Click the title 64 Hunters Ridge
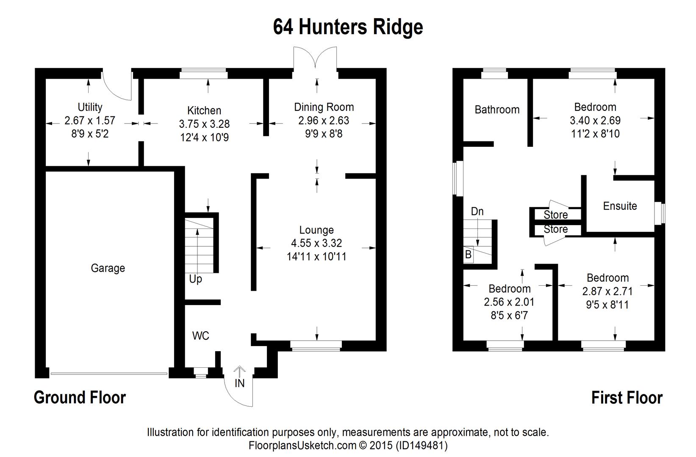(348, 27)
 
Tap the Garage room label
(108, 268)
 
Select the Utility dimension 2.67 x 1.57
(90, 121)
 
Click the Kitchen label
(204, 111)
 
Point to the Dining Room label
(324, 107)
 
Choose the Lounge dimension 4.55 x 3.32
(316, 243)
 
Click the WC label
(201, 336)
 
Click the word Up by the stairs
(195, 279)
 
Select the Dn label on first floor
(477, 212)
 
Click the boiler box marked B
(468, 255)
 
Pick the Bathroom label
(497, 110)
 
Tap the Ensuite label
(620, 206)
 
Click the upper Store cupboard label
(556, 215)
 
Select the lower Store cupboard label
(556, 229)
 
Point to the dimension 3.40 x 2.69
(595, 121)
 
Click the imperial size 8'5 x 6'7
(509, 316)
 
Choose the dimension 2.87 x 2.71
(607, 292)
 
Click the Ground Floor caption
(80, 398)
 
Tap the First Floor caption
(627, 398)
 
